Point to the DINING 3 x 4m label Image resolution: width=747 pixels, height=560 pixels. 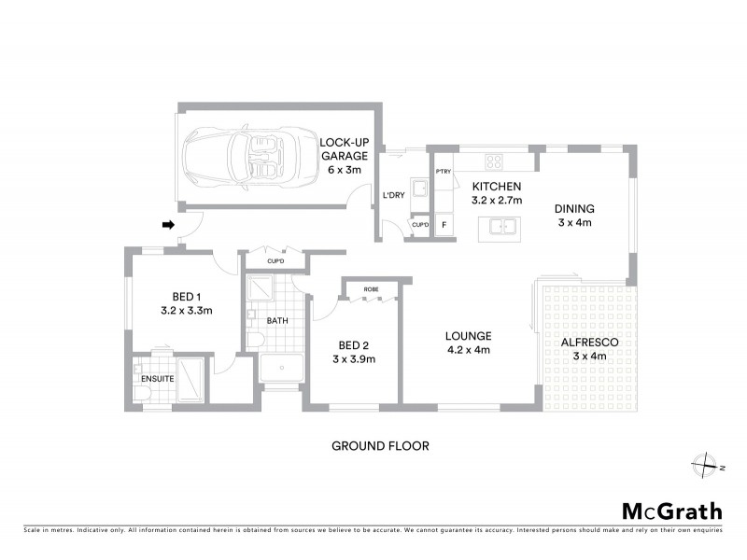[574, 216]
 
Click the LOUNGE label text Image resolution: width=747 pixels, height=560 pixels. [468, 343]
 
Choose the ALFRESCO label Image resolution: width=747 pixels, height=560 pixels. [589, 349]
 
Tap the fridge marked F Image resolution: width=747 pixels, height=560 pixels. [444, 225]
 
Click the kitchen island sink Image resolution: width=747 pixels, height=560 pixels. [501, 226]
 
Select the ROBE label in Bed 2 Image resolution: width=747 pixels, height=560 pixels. [371, 289]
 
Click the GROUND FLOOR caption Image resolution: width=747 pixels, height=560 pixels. [381, 446]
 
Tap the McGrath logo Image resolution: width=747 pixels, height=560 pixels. [671, 511]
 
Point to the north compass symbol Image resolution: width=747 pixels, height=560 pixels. [707, 464]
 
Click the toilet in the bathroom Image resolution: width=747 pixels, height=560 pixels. [255, 338]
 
